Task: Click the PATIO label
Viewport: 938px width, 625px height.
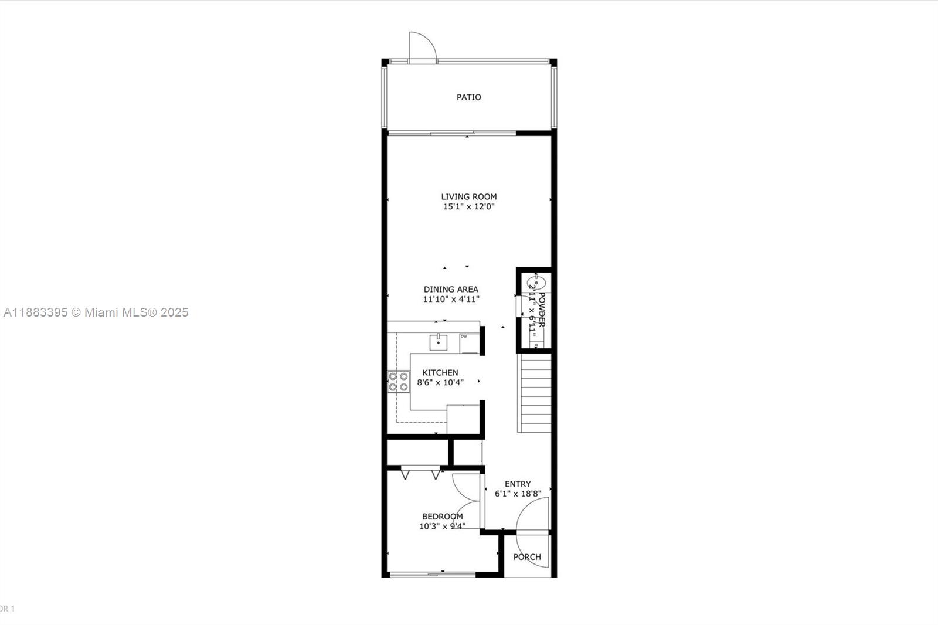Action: pyautogui.click(x=468, y=97)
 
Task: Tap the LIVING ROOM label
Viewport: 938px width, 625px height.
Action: pyautogui.click(x=468, y=197)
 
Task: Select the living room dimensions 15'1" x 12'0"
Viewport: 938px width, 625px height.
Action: pyautogui.click(x=468, y=207)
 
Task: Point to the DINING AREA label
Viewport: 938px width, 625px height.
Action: pyautogui.click(x=451, y=289)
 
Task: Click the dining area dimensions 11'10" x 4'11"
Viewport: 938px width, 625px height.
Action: pyautogui.click(x=451, y=299)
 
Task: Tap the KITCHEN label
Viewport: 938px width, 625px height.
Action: pyautogui.click(x=440, y=373)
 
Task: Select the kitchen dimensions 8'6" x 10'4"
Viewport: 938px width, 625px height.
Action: pyautogui.click(x=440, y=382)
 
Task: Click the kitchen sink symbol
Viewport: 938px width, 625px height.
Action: pyautogui.click(x=439, y=342)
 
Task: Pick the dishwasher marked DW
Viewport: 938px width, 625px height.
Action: pyautogui.click(x=468, y=343)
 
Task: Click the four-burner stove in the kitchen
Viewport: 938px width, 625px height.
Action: pyautogui.click(x=398, y=382)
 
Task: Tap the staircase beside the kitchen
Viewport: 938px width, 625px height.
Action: pyautogui.click(x=535, y=393)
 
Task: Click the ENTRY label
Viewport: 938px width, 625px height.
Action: pyautogui.click(x=518, y=484)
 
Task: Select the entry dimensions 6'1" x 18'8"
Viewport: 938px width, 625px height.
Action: pyautogui.click(x=518, y=494)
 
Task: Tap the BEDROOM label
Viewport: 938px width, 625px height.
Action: pyautogui.click(x=442, y=517)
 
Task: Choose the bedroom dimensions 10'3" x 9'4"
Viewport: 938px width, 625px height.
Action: pyautogui.click(x=442, y=526)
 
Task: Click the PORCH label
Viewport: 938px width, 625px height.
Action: pyautogui.click(x=527, y=557)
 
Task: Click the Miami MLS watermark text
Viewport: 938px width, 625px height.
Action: pyautogui.click(x=96, y=312)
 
